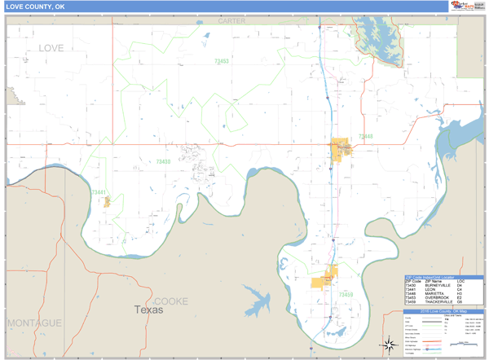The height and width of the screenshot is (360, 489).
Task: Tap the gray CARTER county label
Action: tap(231, 20)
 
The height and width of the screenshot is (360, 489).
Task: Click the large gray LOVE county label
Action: tap(51, 49)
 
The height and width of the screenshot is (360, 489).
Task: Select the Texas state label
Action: tap(148, 310)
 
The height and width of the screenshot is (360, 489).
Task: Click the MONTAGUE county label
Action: tap(33, 323)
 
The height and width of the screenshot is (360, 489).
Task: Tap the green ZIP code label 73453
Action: tap(221, 61)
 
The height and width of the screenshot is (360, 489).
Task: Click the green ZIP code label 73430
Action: tap(163, 161)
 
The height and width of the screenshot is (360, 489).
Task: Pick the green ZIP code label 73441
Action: tap(99, 192)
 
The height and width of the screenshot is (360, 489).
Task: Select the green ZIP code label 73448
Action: tap(364, 136)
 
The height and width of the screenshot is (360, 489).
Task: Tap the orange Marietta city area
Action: tap(340, 149)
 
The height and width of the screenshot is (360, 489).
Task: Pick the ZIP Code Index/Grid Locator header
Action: tap(444, 277)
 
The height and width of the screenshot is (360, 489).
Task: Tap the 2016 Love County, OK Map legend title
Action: tap(444, 311)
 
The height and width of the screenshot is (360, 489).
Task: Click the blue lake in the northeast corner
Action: tap(377, 37)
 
